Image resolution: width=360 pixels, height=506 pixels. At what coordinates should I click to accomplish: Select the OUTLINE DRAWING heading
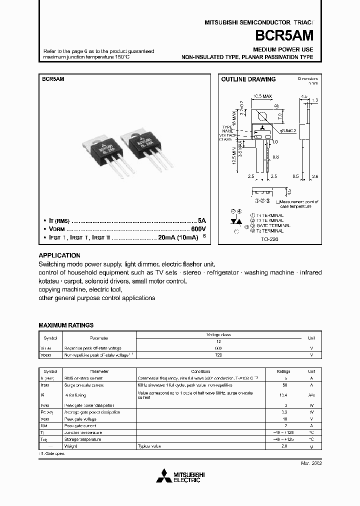pyautogui.click(x=248, y=79)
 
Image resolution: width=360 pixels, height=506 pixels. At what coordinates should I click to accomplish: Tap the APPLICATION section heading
pyautogui.click(x=59, y=255)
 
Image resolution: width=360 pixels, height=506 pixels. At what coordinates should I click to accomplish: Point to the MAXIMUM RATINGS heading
pyautogui.click(x=66, y=325)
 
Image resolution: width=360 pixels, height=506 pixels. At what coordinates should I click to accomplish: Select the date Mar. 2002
pyautogui.click(x=311, y=463)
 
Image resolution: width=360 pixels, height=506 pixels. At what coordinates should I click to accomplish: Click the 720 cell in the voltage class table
pyautogui.click(x=218, y=355)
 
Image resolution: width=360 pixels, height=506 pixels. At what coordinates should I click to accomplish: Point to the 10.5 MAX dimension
pyautogui.click(x=262, y=95)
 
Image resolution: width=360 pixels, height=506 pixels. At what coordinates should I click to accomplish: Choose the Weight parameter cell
pyautogui.click(x=69, y=445)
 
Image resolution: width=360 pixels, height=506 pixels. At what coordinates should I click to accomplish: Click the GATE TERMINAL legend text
pyautogui.click(x=273, y=225)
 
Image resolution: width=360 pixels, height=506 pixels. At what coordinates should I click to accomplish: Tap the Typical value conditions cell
pyautogui.click(x=150, y=445)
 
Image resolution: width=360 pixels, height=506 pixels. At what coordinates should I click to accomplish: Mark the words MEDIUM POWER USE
pyautogui.click(x=283, y=49)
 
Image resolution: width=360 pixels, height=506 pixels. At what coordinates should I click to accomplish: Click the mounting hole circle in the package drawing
pyautogui.click(x=261, y=116)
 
